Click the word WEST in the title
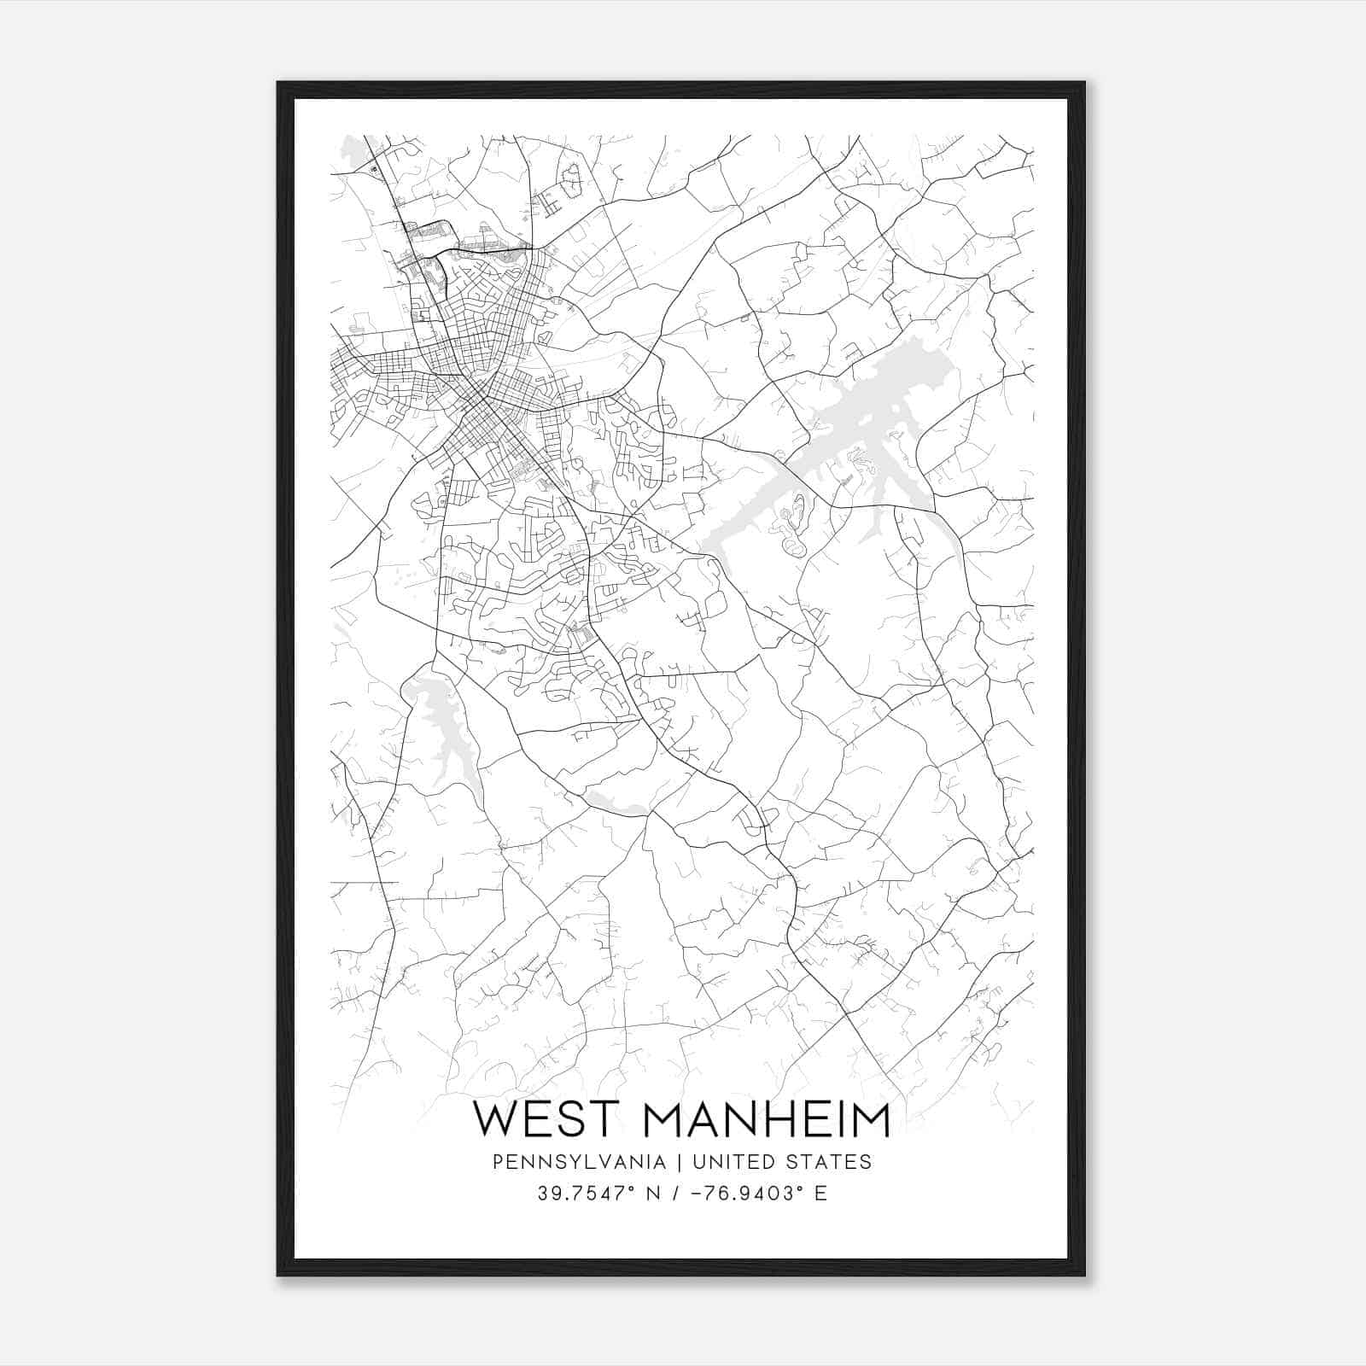click(x=546, y=1119)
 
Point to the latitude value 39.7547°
click(x=585, y=1193)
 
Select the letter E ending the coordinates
click(x=820, y=1193)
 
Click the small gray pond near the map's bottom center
click(x=615, y=803)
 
